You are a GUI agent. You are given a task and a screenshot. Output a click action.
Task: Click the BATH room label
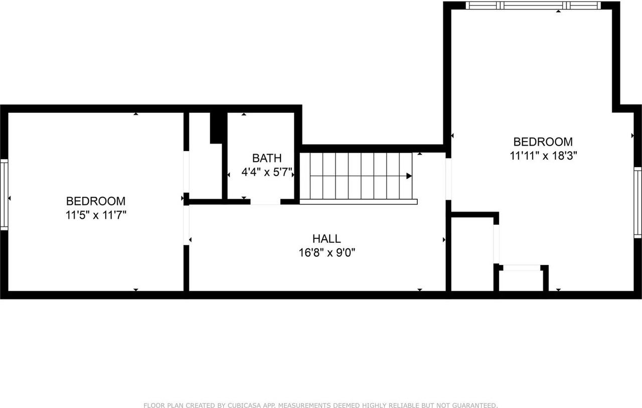(x=266, y=159)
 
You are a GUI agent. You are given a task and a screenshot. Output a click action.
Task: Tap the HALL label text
(x=327, y=239)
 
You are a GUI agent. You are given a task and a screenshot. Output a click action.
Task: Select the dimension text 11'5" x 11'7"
(x=96, y=215)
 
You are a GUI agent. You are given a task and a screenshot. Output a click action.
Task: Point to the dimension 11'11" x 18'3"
(x=544, y=156)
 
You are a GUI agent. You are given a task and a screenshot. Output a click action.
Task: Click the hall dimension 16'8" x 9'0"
(x=328, y=253)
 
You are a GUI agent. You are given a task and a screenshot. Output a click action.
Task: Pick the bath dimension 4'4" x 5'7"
(x=267, y=173)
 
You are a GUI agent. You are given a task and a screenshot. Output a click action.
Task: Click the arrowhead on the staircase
(x=409, y=176)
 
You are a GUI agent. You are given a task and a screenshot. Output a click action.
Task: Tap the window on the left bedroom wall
(x=4, y=194)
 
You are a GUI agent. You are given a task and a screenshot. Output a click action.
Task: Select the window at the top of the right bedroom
(x=533, y=6)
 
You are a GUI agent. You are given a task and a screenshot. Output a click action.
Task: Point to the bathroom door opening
(x=265, y=202)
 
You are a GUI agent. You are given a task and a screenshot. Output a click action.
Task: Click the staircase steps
(x=359, y=176)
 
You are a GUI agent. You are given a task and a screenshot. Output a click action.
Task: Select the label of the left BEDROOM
(x=96, y=201)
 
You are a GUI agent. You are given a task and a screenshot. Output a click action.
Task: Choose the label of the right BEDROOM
(x=543, y=142)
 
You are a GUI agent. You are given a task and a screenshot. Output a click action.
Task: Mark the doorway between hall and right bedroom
(x=448, y=179)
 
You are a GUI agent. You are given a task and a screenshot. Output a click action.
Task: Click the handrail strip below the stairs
(x=359, y=202)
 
